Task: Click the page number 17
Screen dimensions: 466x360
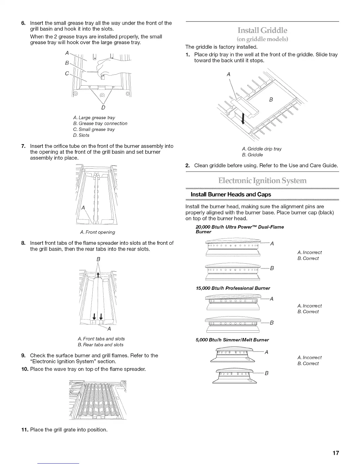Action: [336, 453]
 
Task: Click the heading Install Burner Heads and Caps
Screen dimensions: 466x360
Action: [231, 194]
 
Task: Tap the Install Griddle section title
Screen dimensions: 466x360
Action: [262, 30]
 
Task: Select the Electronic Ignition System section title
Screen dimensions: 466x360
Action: [262, 180]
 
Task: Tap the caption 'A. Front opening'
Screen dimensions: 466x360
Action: [98, 232]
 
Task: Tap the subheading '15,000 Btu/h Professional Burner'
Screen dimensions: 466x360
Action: [233, 288]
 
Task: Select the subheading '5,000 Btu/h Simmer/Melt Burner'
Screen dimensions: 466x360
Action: [232, 340]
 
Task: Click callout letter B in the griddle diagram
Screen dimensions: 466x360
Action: [271, 100]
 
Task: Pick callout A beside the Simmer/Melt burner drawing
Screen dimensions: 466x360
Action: [266, 352]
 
